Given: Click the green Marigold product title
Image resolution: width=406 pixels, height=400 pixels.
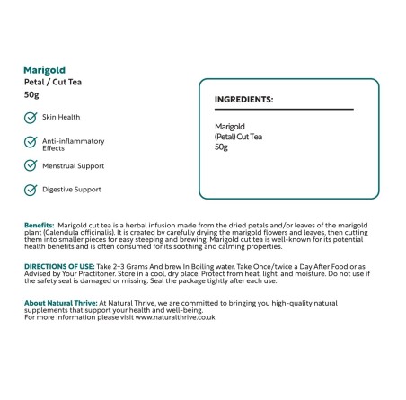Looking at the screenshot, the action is (x=45, y=69).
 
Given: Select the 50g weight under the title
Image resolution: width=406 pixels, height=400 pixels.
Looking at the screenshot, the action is (x=32, y=94).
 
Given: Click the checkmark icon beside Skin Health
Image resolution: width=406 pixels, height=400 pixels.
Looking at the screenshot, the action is (x=31, y=118).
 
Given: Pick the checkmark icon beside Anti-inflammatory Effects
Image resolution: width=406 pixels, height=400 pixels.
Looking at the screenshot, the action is (x=31, y=142).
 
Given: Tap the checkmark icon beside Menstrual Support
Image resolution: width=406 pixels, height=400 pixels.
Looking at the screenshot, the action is (x=31, y=166).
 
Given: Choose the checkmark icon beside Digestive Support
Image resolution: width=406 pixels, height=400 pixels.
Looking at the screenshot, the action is (x=31, y=190).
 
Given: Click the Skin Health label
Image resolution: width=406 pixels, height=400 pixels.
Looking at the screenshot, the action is (x=62, y=117).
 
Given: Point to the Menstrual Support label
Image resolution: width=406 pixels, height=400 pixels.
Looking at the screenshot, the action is (x=74, y=166).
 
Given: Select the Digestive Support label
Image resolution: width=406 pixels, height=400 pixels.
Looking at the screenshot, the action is (x=72, y=190).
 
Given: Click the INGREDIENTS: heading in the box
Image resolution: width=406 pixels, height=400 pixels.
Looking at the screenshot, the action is (x=244, y=99).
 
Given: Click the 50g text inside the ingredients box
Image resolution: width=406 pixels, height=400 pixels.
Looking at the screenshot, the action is (x=222, y=147).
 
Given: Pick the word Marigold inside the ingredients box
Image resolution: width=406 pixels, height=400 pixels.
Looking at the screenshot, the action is (x=231, y=128).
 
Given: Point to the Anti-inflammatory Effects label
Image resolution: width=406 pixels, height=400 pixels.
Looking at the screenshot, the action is (x=74, y=145).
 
